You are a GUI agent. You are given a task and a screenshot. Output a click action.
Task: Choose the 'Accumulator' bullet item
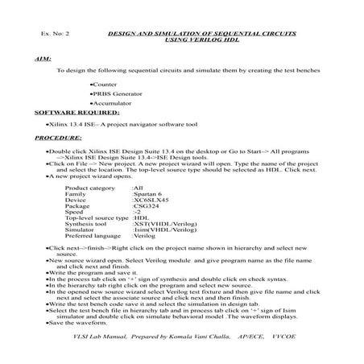112,104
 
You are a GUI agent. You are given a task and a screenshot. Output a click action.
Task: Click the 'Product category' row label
90,188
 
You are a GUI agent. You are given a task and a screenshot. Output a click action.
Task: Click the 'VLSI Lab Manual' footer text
92,333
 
